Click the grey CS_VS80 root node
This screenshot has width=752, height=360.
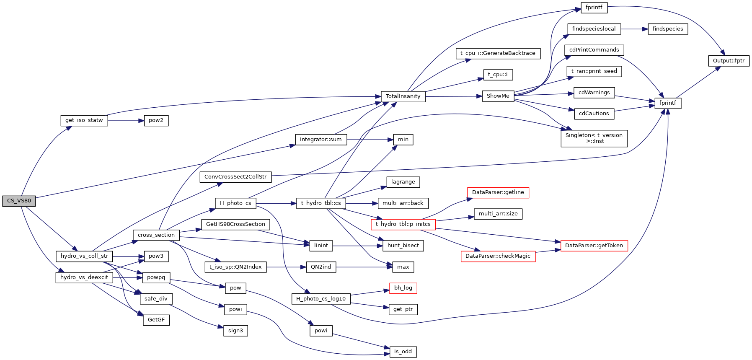pyautogui.click(x=19, y=201)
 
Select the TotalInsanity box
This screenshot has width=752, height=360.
pyautogui.click(x=403, y=96)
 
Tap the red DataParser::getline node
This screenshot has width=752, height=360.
pyautogui.click(x=498, y=192)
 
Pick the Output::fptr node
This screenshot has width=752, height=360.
pyautogui.click(x=729, y=61)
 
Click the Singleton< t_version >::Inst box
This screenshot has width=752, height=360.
pyautogui.click(x=594, y=138)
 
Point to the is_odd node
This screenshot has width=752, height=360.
pyautogui.click(x=403, y=352)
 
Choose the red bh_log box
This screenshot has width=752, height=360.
pyautogui.click(x=403, y=288)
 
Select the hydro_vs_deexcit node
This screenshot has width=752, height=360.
pyautogui.click(x=84, y=277)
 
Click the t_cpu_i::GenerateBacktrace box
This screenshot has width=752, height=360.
pyautogui.click(x=498, y=53)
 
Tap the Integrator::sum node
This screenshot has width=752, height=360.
pyautogui.click(x=320, y=140)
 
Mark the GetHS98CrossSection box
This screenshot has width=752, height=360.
pyautogui.click(x=235, y=224)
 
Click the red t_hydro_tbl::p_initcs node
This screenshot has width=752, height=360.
pyautogui.click(x=403, y=224)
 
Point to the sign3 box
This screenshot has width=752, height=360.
pyautogui.click(x=235, y=331)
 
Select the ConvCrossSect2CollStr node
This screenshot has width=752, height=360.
pyautogui.click(x=235, y=177)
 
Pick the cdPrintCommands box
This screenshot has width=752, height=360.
pyautogui.click(x=594, y=50)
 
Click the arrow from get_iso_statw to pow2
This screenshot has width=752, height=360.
pyautogui.click(x=126, y=121)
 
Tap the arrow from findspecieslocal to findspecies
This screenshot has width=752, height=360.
pyautogui.click(x=634, y=29)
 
